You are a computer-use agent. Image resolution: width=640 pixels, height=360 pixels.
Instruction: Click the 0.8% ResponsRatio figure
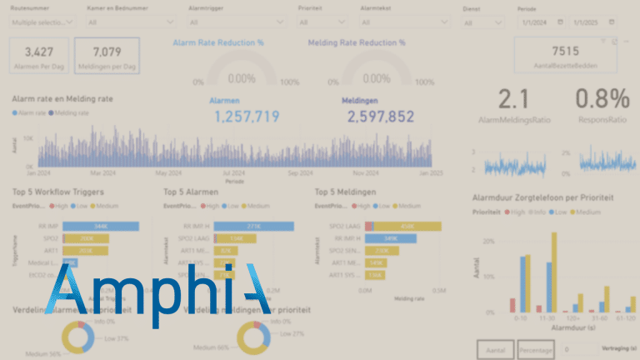[602, 100]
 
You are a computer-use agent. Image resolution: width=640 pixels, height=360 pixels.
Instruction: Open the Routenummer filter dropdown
[42, 22]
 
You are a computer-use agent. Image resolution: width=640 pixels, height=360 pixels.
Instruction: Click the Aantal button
[495, 349]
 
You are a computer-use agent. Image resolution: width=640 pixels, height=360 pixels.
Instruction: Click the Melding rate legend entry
[72, 112]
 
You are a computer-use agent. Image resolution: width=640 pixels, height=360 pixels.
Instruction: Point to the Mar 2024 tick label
[102, 173]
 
